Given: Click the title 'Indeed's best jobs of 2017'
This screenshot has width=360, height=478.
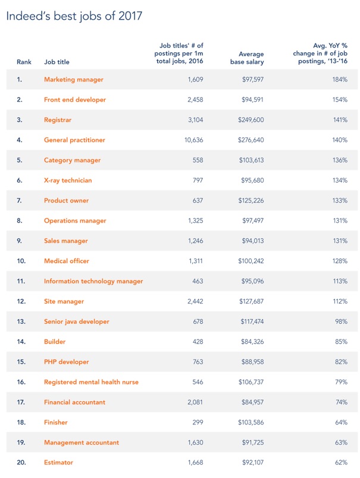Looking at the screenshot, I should point(74,16).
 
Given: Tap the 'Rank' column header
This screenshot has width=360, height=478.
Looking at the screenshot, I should point(24,62).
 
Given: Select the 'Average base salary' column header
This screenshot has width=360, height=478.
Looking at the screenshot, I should point(247,58).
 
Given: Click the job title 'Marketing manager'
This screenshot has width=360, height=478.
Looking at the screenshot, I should point(73,80).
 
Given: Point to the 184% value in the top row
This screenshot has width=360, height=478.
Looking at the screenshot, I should point(340,80).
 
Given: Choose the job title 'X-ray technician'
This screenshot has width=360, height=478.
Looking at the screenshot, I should point(68,180).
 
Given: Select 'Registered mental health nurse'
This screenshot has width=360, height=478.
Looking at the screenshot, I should point(91,382).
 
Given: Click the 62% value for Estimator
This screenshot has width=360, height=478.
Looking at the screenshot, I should point(340,462).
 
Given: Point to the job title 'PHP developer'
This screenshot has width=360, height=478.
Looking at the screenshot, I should point(66,361).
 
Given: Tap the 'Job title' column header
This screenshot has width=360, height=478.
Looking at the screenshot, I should point(56,62).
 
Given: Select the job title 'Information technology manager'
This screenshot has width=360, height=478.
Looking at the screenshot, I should point(93,281).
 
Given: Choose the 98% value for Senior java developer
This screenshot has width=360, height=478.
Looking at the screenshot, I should point(340,321).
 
